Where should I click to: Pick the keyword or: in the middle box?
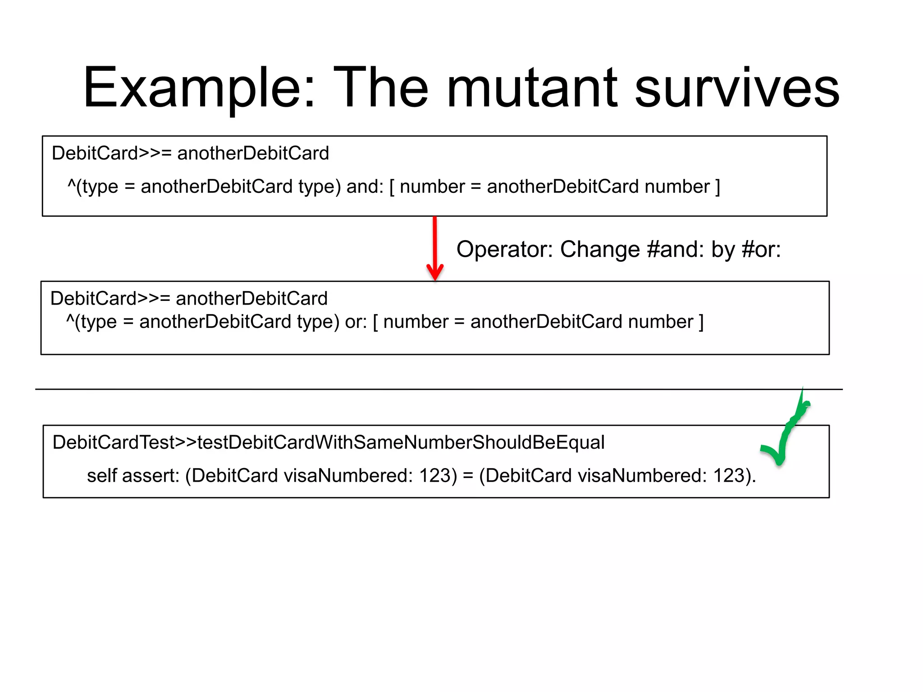click(356, 322)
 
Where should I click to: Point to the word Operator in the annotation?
click(504, 250)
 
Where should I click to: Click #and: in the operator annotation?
click(675, 250)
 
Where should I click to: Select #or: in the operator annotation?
click(761, 250)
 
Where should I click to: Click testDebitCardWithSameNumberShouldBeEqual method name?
click(401, 442)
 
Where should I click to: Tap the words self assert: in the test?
click(133, 476)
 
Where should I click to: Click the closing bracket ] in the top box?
click(717, 187)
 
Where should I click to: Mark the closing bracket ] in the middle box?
click(701, 322)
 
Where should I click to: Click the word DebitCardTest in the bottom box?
click(113, 442)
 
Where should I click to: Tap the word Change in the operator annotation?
click(599, 250)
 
